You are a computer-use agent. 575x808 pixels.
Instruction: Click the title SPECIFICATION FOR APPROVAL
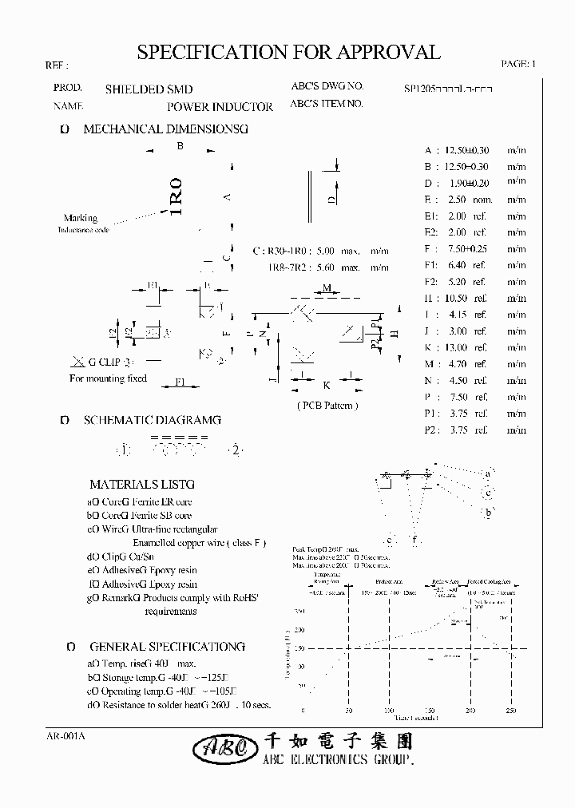click(288, 53)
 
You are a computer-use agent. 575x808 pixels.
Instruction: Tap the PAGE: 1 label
click(519, 65)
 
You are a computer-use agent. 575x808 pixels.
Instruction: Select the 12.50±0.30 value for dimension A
click(467, 150)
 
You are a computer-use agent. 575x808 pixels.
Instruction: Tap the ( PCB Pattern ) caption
click(327, 406)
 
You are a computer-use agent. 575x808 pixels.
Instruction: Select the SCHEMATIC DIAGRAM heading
click(152, 420)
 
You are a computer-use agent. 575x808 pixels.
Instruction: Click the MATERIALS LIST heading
click(141, 484)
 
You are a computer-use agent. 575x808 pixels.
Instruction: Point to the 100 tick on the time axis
click(389, 711)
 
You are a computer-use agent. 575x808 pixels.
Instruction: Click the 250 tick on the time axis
click(511, 711)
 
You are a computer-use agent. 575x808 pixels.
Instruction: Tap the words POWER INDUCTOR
click(220, 106)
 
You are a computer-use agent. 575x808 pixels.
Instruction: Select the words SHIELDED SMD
click(149, 89)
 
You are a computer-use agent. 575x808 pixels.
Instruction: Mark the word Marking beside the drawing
click(81, 218)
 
